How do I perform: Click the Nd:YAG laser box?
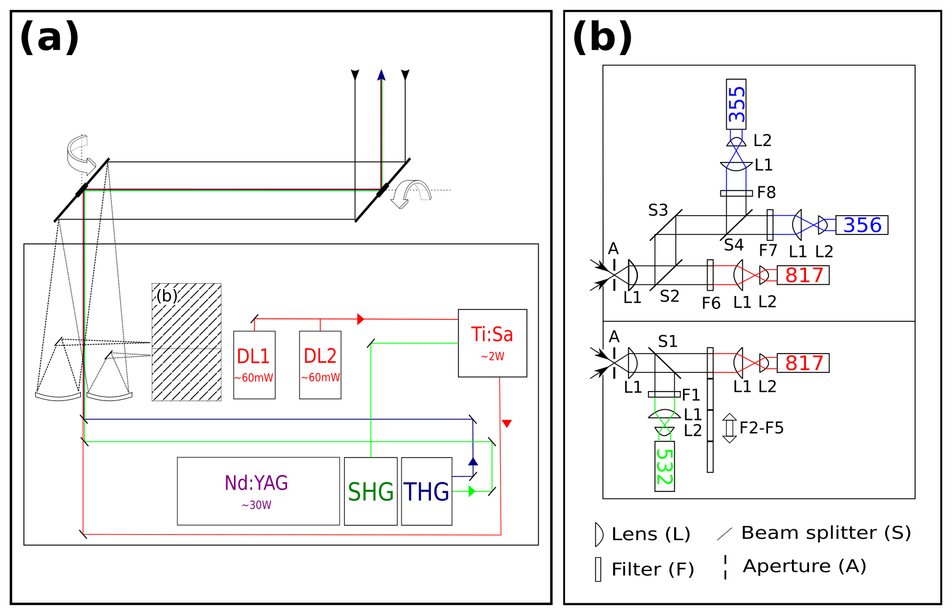pos(258,491)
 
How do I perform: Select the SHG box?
pos(370,491)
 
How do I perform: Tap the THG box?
pos(426,491)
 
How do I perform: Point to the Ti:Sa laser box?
pos(492,343)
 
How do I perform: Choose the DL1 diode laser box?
pos(254,365)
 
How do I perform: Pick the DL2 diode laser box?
pos(320,365)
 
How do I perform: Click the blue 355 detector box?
pos(736,104)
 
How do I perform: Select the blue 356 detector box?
pos(862,225)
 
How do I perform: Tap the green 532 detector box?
pos(664,466)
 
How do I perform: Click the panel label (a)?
pos(49,38)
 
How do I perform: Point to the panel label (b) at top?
pos(602,38)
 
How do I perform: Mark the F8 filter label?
pos(766,192)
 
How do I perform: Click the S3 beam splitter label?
pos(658,210)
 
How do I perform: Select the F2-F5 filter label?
pos(761,428)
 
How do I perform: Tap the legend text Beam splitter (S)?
pos(825,532)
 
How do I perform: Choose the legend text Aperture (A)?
pos(804,566)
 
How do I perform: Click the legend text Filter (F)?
pos(652,569)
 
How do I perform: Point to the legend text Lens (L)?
pos(651,534)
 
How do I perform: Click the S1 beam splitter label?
pos(667,341)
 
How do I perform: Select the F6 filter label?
pos(710,303)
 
